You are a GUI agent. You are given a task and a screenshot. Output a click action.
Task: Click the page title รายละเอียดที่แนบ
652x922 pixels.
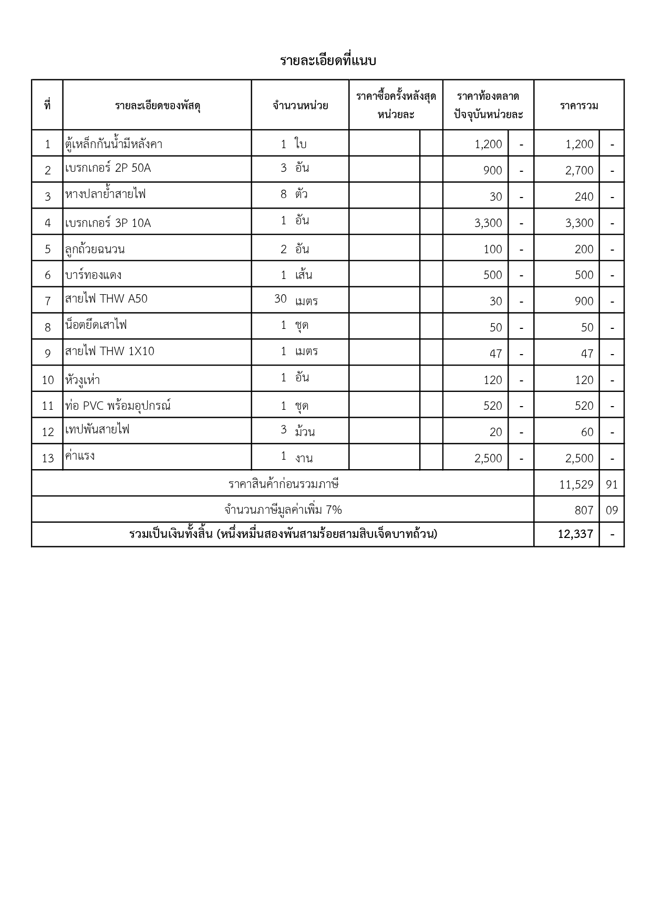pos(328,61)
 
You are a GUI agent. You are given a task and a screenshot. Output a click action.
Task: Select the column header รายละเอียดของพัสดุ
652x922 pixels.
pos(158,106)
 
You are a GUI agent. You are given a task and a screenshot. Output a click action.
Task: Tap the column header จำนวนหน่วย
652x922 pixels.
pos(300,106)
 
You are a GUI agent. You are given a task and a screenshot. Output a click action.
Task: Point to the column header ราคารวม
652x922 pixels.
pos(579,106)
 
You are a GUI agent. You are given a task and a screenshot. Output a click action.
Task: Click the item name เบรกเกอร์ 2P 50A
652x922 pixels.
pos(108,168)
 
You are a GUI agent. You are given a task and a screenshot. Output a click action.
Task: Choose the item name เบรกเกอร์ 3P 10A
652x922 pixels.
pos(108,223)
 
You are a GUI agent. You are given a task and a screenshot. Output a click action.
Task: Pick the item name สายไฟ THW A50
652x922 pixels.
pos(107,299)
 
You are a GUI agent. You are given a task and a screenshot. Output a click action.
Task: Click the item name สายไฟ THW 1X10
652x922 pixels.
pos(110,351)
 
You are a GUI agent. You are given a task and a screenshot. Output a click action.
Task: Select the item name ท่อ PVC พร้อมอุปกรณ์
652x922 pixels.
pos(118,406)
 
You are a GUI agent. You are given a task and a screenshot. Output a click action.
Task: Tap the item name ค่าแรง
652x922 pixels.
pos(80,455)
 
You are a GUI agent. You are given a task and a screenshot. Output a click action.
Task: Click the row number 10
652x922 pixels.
pos(48,380)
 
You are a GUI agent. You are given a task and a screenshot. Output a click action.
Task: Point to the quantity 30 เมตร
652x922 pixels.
pos(296,300)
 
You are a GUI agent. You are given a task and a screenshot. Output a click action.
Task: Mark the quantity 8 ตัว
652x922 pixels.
pos(294,194)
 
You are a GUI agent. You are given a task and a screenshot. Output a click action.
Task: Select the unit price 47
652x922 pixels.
pos(495,354)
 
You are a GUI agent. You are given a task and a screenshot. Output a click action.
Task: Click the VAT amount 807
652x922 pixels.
pos(584,510)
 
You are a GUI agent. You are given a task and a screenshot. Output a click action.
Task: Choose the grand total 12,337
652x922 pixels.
pos(575,534)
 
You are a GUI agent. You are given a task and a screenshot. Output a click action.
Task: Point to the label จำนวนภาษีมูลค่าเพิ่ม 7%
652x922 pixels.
pos(283,510)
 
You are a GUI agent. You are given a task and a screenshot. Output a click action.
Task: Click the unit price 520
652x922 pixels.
pos(493,406)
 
